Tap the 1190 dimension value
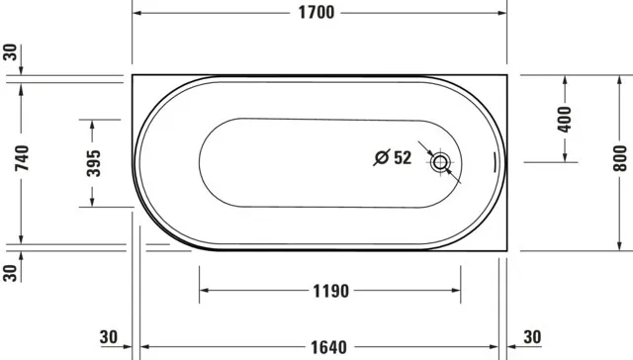click(329, 292)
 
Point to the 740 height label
click(22, 158)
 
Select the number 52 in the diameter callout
click(402, 157)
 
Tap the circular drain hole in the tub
click(440, 161)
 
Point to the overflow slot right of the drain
click(495, 162)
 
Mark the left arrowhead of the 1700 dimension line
click(136, 13)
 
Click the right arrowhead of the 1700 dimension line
click(502, 13)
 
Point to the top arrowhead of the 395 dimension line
click(93, 123)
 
